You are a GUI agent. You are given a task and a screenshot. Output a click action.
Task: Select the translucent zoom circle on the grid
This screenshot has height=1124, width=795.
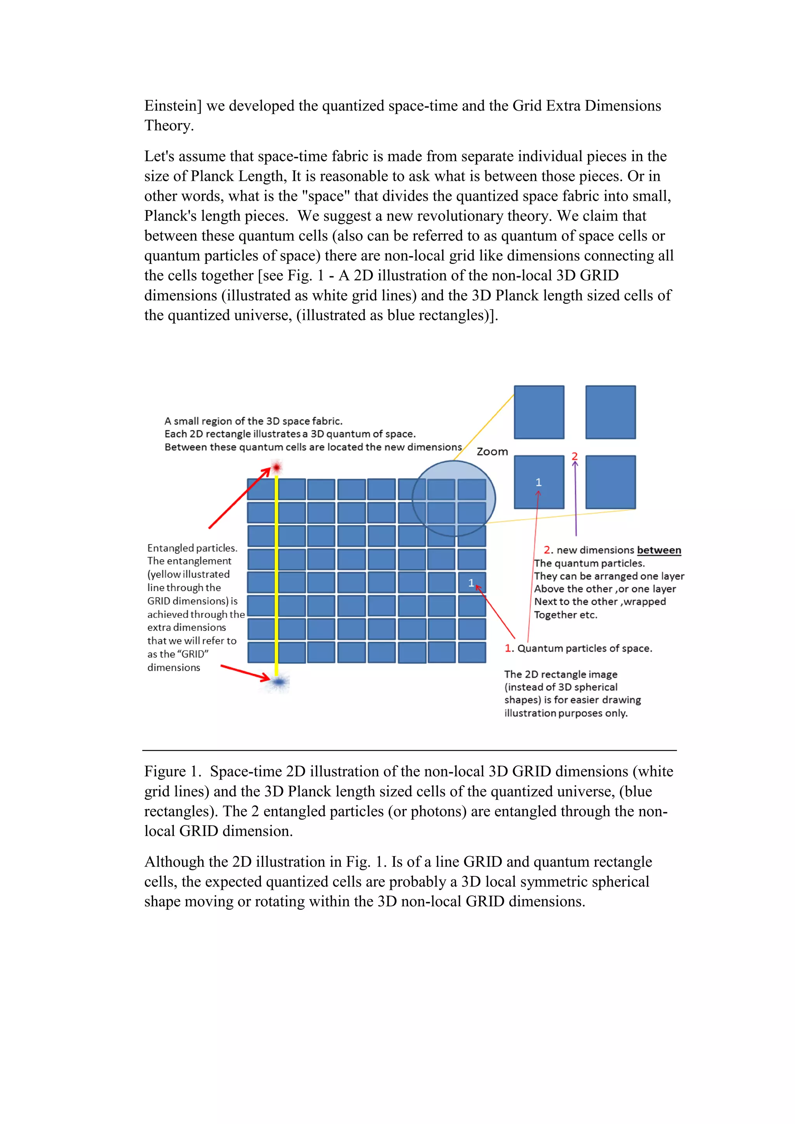coord(453,498)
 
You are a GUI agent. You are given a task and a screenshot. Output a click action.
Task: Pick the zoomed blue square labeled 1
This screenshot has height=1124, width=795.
coord(538,482)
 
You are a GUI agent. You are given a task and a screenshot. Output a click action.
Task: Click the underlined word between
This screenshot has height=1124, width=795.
coord(658,550)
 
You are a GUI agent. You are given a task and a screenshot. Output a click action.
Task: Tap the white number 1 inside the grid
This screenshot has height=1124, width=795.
coord(471,583)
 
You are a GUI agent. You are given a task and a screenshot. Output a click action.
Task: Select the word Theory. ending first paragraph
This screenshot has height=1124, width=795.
coord(169,125)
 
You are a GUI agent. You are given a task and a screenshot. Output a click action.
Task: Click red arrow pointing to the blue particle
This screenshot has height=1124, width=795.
coord(245,672)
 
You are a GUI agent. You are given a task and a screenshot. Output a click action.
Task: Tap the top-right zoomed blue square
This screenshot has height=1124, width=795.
coord(611,412)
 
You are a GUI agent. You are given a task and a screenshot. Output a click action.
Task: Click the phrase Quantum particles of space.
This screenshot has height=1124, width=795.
coord(585,648)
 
